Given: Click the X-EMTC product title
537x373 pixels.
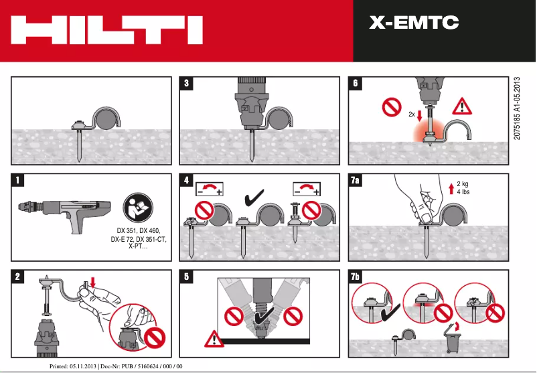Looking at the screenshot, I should (414, 23).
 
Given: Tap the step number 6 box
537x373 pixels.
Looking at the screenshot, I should (356, 84).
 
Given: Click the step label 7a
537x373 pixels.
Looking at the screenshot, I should (358, 180).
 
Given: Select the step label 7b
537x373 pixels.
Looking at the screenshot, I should (358, 276).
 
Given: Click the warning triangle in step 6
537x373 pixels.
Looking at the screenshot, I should (462, 106).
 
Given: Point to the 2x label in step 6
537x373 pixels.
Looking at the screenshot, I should (411, 114).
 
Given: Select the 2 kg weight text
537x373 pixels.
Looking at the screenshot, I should (463, 184).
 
